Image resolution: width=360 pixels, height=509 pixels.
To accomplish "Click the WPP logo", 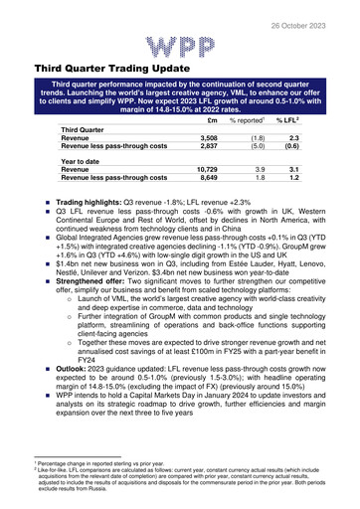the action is coord(180,46).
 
